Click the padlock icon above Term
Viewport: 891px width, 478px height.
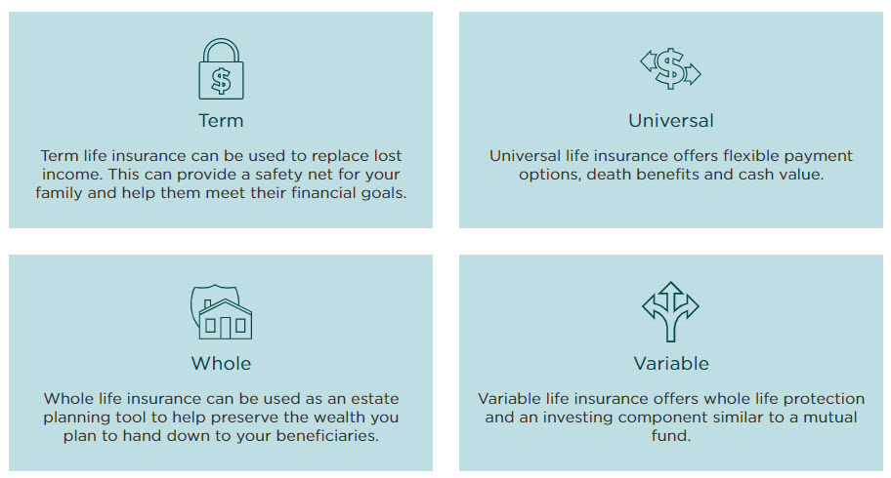click(x=221, y=68)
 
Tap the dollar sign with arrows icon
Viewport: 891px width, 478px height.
click(x=670, y=68)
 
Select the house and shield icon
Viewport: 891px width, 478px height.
click(x=221, y=311)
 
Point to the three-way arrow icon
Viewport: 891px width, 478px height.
click(x=670, y=311)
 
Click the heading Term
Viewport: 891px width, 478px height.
click(x=221, y=120)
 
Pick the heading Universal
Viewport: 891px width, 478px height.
click(x=671, y=120)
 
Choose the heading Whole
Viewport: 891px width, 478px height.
click(x=221, y=363)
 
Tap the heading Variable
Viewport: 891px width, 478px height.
click(x=671, y=363)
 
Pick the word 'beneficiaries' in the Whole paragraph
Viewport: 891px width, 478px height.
click(x=326, y=435)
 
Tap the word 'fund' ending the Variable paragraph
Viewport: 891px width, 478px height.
click(x=669, y=435)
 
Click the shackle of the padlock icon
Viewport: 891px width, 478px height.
click(x=221, y=40)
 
